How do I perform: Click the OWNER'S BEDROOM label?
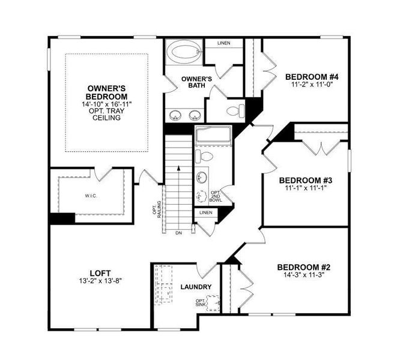click(x=106, y=92)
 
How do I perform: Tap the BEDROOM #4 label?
click(x=312, y=77)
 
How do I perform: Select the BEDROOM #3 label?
click(x=306, y=180)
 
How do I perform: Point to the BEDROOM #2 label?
click(x=303, y=267)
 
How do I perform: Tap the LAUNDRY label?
click(x=196, y=287)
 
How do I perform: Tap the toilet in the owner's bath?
click(x=234, y=111)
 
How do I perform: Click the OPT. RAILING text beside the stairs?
click(x=157, y=208)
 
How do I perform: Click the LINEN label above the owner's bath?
click(x=223, y=43)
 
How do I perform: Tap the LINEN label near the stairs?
click(x=205, y=212)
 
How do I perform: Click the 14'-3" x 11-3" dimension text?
click(x=303, y=277)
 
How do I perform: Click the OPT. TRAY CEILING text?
click(x=106, y=114)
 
